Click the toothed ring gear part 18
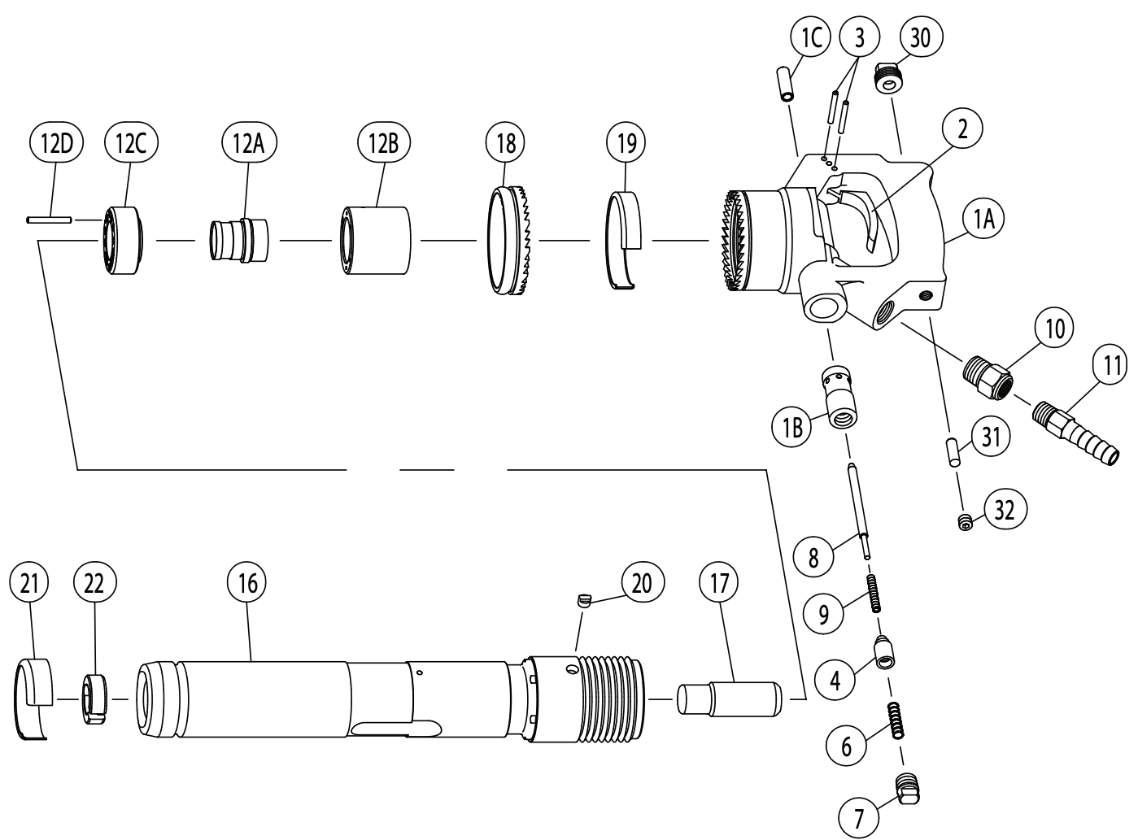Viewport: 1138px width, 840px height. coord(512,242)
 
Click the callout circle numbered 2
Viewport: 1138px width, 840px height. coord(963,129)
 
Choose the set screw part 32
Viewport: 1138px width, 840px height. coord(965,522)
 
